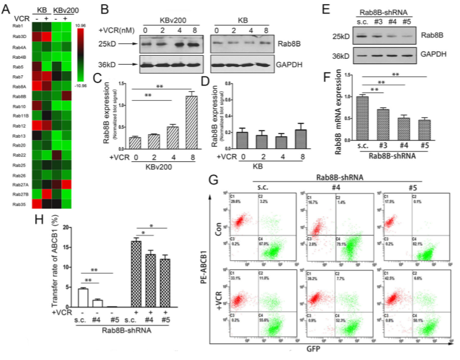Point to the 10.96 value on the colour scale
(x=84, y=25)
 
